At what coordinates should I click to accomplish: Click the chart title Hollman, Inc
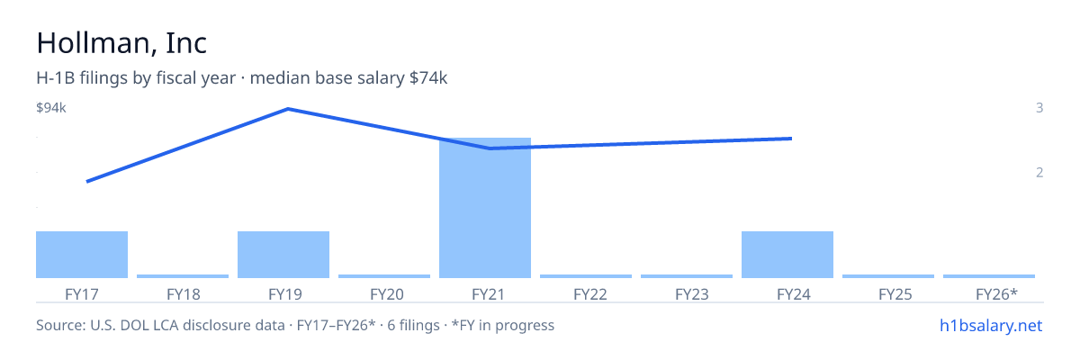[x=121, y=42]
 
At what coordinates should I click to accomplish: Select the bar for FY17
[x=82, y=255]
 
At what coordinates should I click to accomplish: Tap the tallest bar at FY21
[x=485, y=208]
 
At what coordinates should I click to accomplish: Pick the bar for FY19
[x=283, y=255]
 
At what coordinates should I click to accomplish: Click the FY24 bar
[x=787, y=255]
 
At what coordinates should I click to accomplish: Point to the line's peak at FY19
[x=288, y=109]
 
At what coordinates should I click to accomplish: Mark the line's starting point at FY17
[x=86, y=182]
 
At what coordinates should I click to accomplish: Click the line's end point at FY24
[x=792, y=139]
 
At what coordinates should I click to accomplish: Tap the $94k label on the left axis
[x=51, y=107]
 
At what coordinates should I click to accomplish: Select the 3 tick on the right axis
[x=1039, y=107]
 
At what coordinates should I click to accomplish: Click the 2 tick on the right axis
[x=1039, y=172]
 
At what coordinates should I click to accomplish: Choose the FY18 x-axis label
[x=184, y=294]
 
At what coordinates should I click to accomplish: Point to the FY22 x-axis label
[x=590, y=294]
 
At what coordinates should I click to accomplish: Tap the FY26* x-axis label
[x=996, y=294]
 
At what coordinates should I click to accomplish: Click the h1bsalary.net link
[x=991, y=325]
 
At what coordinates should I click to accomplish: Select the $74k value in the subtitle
[x=428, y=77]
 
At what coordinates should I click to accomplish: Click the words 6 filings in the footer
[x=413, y=325]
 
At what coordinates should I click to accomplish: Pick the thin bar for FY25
[x=888, y=276]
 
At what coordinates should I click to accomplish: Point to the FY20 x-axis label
[x=387, y=294]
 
